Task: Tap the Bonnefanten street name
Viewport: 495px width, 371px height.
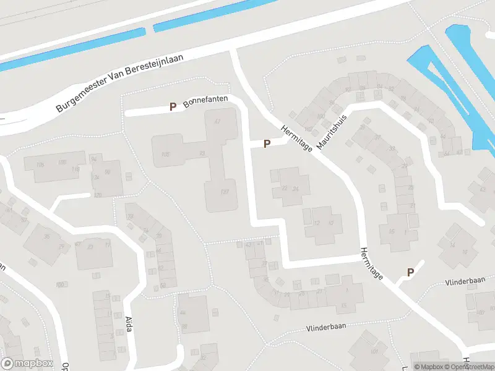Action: coord(206,101)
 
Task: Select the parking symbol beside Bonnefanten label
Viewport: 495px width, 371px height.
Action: coord(173,107)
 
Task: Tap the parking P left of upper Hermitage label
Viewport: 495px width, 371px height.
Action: coord(267,144)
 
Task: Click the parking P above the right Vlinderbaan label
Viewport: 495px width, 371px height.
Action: coord(410,272)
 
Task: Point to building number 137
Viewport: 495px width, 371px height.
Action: coord(225,192)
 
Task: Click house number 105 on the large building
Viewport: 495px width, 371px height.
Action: coord(165,154)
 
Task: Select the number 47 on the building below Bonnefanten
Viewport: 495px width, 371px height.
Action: coord(217,121)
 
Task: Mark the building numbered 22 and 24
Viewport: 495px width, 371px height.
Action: coord(290,187)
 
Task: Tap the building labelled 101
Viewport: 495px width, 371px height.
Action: coord(373,350)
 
